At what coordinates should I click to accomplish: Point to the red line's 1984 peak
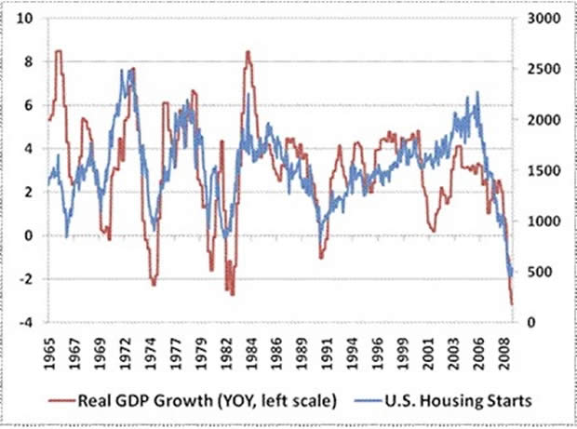(248, 52)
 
